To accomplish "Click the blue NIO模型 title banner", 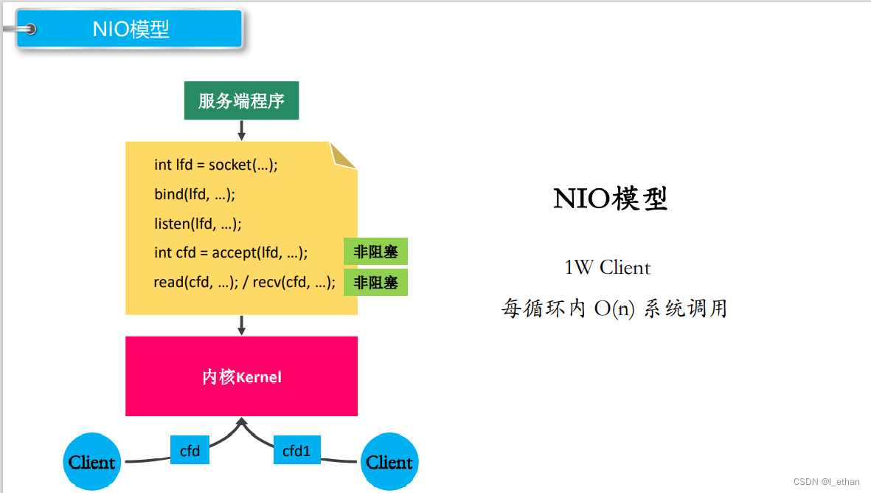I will (131, 30).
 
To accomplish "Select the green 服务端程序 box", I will (241, 101).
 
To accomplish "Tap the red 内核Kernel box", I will (241, 376).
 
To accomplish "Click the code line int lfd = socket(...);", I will (216, 165).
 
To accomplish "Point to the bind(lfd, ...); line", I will (195, 194).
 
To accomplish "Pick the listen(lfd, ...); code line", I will (198, 224).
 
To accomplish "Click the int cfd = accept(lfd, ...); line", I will (231, 252).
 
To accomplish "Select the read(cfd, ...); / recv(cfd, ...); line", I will (244, 282).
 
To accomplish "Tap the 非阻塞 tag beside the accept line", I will (375, 252).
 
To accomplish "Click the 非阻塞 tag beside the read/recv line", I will (375, 282).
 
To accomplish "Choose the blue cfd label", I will (190, 450).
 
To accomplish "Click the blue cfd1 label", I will (297, 450).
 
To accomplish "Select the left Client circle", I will (92, 462).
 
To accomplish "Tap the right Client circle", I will (389, 462).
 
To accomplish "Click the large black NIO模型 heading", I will (610, 199).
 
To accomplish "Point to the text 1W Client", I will (607, 267).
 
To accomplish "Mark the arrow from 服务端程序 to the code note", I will (241, 130).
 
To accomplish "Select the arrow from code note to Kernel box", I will (241, 325).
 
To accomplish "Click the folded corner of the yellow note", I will (343, 155).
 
